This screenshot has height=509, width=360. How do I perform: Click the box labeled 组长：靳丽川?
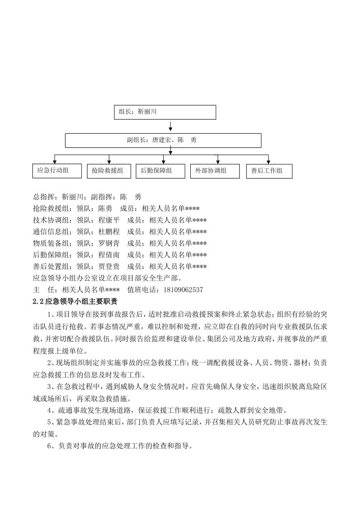[x=165, y=112]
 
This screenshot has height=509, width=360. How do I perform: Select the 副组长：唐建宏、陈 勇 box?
[x=163, y=140]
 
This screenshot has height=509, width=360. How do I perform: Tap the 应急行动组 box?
[x=57, y=171]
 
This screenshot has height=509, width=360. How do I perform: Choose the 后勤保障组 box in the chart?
[x=160, y=171]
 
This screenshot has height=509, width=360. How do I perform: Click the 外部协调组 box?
[x=214, y=171]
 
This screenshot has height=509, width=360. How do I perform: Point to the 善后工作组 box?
[x=269, y=171]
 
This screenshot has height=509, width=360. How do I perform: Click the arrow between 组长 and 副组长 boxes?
[x=171, y=126]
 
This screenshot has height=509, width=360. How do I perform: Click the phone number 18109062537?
[x=183, y=290]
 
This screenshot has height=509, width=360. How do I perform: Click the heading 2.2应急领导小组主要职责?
[x=75, y=302]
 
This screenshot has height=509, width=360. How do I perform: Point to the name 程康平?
[x=109, y=220]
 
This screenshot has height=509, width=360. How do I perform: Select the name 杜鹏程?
[x=109, y=232]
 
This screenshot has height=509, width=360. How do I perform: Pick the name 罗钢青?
[x=109, y=244]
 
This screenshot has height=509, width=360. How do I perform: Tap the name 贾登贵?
[x=109, y=267]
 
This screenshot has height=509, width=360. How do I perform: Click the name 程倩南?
[x=109, y=255]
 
